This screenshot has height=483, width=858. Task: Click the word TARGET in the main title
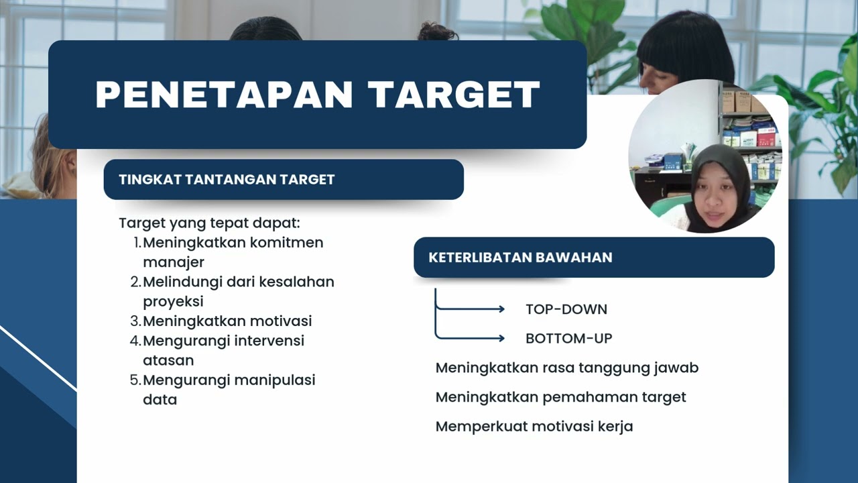(455, 95)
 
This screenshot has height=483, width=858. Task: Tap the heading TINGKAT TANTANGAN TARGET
(227, 179)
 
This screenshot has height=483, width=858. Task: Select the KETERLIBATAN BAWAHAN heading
(520, 258)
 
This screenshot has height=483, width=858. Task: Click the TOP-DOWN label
(566, 309)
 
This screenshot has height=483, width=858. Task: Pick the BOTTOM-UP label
(569, 339)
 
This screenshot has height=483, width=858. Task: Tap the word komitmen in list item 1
(286, 242)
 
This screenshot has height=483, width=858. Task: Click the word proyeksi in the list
(173, 301)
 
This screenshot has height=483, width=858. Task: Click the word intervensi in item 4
(269, 340)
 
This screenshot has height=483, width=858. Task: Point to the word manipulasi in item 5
(275, 380)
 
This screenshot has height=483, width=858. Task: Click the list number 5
(133, 380)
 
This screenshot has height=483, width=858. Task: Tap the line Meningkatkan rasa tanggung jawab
(567, 368)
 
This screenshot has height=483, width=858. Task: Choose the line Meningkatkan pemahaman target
(561, 397)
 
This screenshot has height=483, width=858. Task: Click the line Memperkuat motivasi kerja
(534, 426)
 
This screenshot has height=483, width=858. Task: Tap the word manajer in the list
(174, 262)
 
